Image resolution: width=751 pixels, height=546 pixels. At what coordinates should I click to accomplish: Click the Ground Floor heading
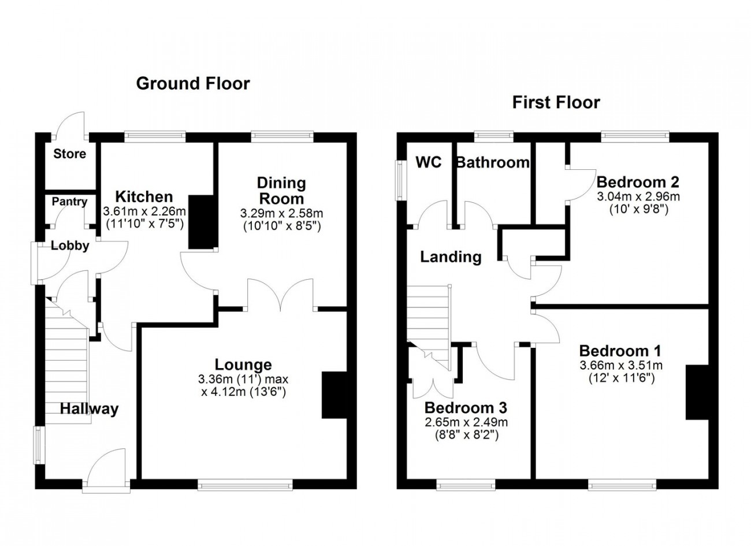[193, 84]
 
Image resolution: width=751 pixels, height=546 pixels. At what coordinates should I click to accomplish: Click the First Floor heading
[556, 102]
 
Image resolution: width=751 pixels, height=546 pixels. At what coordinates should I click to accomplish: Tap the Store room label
[70, 154]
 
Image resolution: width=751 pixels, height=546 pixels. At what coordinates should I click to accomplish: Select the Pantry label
[69, 202]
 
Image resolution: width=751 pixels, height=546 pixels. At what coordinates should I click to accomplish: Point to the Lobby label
[70, 246]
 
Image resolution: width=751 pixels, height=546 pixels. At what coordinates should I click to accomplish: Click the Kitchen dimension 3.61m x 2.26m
[144, 211]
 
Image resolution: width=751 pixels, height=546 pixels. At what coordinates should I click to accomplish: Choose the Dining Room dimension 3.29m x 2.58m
[282, 213]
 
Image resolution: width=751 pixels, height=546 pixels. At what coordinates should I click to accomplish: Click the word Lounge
[243, 365]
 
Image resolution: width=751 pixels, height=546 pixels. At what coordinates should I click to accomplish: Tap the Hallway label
[89, 409]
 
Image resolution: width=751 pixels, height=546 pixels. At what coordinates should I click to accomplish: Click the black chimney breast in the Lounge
[334, 395]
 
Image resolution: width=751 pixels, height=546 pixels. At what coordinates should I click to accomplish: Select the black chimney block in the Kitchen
[201, 222]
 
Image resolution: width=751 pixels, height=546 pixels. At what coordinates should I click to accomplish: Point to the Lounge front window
[245, 485]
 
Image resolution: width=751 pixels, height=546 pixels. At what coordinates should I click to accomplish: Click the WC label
[429, 162]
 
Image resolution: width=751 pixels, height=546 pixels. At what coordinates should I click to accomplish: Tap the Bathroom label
[493, 163]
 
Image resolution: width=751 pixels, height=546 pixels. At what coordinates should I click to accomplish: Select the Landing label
[451, 257]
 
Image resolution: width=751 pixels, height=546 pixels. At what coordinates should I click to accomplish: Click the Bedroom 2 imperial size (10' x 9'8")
[638, 210]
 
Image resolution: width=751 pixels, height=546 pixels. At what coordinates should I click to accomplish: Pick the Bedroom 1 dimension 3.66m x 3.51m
[621, 365]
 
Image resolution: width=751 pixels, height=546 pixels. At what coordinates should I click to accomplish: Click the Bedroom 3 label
[466, 408]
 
